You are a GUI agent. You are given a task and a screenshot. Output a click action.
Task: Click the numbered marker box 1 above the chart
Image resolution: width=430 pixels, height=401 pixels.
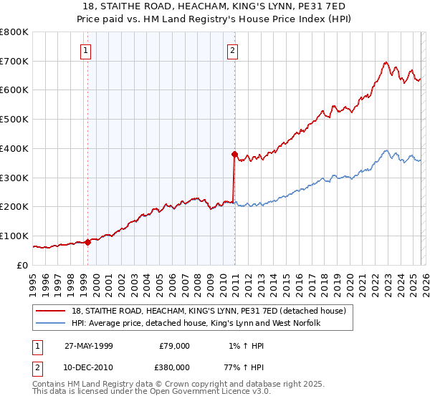pos(85,50)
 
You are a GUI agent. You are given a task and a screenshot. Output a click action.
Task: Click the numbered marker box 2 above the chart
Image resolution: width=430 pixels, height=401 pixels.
pos(234,50)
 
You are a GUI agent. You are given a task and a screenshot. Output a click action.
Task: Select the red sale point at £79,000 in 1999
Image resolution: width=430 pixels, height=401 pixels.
pos(88,242)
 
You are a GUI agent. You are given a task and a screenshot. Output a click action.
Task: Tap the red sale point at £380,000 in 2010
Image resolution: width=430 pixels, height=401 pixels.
pos(234,153)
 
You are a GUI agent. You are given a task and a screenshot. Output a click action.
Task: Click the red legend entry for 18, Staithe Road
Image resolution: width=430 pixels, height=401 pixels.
pos(209,311)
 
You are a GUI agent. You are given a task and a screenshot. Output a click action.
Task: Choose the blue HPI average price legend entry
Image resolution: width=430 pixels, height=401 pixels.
pos(196,324)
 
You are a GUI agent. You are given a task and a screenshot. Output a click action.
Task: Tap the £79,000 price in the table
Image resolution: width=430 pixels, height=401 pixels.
pos(173,346)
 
